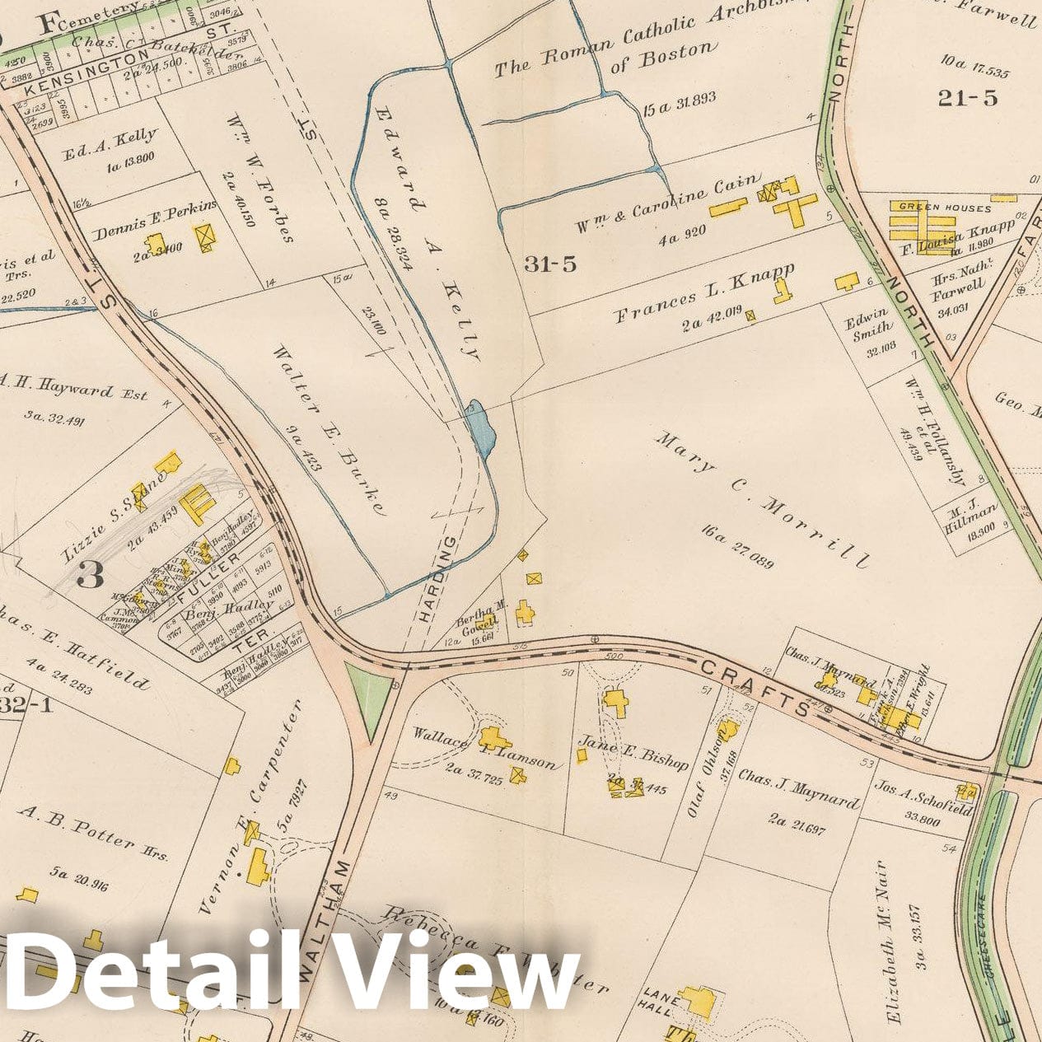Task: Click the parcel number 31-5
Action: tap(549, 264)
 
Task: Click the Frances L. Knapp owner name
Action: tap(703, 292)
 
